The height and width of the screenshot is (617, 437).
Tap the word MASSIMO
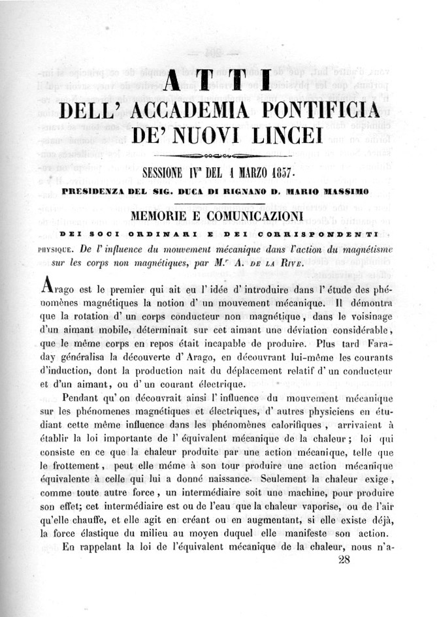coord(349,192)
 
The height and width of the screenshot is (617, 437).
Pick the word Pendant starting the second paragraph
coord(88,398)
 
